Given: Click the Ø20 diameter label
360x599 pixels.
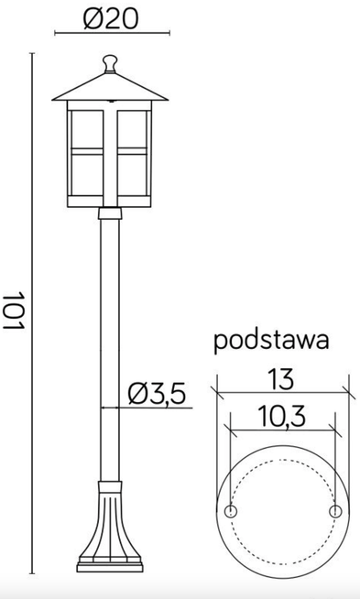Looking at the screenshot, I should point(110,18).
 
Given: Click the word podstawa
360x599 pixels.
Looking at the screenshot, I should point(270,341).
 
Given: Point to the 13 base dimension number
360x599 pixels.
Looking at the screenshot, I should point(283,377).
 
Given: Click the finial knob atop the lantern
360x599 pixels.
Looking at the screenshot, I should point(110,63).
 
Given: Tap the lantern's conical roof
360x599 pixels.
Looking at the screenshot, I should point(110,86).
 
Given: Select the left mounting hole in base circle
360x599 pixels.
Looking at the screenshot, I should point(231,510).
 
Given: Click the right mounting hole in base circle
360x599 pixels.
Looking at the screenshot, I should point(336,510).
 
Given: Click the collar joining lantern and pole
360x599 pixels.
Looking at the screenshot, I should point(110,214).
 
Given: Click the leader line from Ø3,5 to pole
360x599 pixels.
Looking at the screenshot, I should point(137,408).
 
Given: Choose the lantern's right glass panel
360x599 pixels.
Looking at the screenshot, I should point(134,151).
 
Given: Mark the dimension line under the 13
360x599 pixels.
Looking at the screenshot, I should point(283,392).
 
